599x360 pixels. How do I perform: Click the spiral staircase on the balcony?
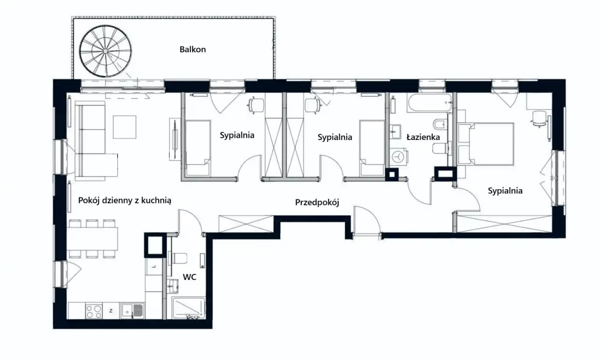(x=105, y=51)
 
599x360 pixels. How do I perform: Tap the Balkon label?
(x=192, y=50)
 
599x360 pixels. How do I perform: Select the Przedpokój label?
(x=317, y=202)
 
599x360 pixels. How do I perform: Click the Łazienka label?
(x=423, y=137)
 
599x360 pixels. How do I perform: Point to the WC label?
(x=190, y=277)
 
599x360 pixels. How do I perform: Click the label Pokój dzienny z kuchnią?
(x=125, y=200)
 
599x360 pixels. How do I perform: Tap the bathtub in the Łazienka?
(x=429, y=103)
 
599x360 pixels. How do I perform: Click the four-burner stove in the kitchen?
(x=94, y=311)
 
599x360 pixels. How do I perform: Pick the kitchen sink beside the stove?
(x=132, y=310)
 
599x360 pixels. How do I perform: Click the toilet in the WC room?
(x=177, y=258)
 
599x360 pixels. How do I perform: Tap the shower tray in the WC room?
(x=189, y=308)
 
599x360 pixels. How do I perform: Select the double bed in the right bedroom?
(x=486, y=144)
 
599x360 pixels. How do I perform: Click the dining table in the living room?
(x=92, y=238)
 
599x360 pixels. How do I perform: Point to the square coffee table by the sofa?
(x=125, y=127)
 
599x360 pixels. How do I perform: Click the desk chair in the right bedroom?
(x=539, y=118)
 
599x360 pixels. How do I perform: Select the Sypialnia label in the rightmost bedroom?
(x=505, y=191)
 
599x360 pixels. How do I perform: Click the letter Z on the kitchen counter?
(x=111, y=311)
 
